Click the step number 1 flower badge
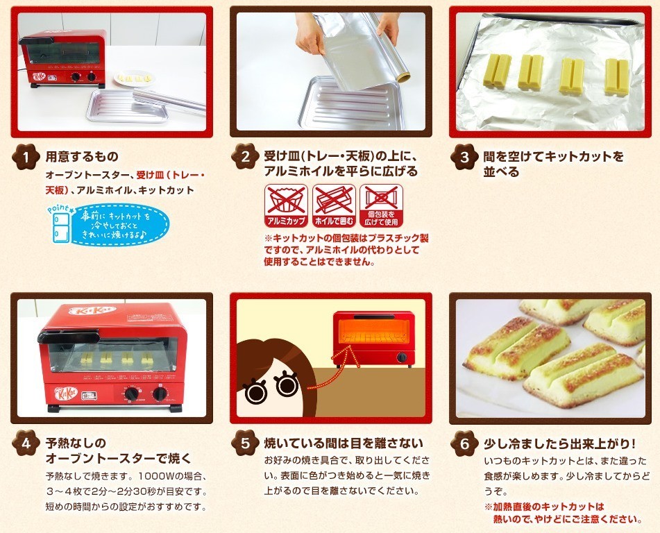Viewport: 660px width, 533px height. [26, 157]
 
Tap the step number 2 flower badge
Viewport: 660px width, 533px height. [246, 157]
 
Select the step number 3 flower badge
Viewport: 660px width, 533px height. [465, 157]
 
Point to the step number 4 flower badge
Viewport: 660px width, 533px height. [26, 443]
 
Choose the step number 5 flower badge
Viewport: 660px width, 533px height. [246, 443]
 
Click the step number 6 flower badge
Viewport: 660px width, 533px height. [465, 443]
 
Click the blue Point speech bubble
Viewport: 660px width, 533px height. [120, 224]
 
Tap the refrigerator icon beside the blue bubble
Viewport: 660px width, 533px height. [61, 228]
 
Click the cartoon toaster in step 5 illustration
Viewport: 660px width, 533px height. [373, 339]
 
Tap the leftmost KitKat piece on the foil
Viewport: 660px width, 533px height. [497, 71]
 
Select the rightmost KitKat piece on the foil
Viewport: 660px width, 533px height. [616, 76]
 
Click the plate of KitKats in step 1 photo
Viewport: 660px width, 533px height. [134, 78]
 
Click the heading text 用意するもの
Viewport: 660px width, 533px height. [82, 157]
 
